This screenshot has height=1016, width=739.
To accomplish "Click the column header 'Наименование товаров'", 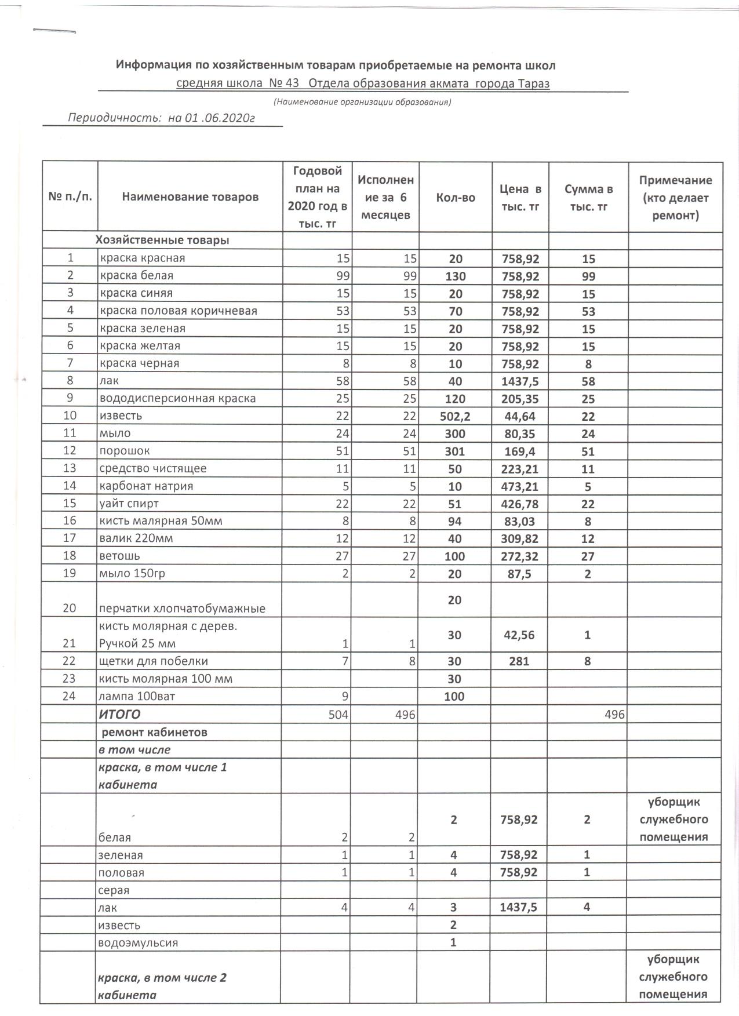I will coord(190,197).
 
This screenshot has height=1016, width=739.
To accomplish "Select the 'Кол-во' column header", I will coord(455,198).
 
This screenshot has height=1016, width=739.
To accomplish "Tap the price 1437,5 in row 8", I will coord(520,381).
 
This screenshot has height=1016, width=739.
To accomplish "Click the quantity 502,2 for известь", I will coord(455,416).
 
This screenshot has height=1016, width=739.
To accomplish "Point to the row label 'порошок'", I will coord(126,451).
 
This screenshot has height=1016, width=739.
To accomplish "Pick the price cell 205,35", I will coord(520,399).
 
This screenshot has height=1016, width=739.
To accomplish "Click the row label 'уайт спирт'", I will coord(129,503).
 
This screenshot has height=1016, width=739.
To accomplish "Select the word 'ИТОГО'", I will coord(120,714).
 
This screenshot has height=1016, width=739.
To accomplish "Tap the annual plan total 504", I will coord(339,715).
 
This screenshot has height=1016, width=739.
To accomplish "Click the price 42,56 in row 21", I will coord(519,635).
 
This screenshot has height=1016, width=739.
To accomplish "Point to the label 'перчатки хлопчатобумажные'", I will coord(182,609).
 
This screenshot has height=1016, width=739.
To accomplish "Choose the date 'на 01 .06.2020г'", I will coord(212,118).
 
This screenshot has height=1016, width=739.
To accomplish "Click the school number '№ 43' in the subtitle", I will coord(284,83).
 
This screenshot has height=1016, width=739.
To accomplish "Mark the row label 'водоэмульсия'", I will coord(139,942).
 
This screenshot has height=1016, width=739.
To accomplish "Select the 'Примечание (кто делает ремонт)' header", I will coord(675,198).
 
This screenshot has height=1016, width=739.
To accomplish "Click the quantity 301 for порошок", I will coord(455,451).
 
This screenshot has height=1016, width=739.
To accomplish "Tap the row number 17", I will coord(70,538).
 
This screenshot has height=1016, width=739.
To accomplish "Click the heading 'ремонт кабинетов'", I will coord(154,732).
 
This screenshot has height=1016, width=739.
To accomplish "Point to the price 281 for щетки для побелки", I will coord(519,661).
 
